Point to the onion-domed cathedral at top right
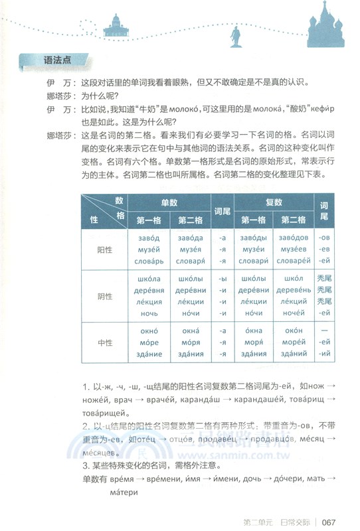(327, 23)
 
